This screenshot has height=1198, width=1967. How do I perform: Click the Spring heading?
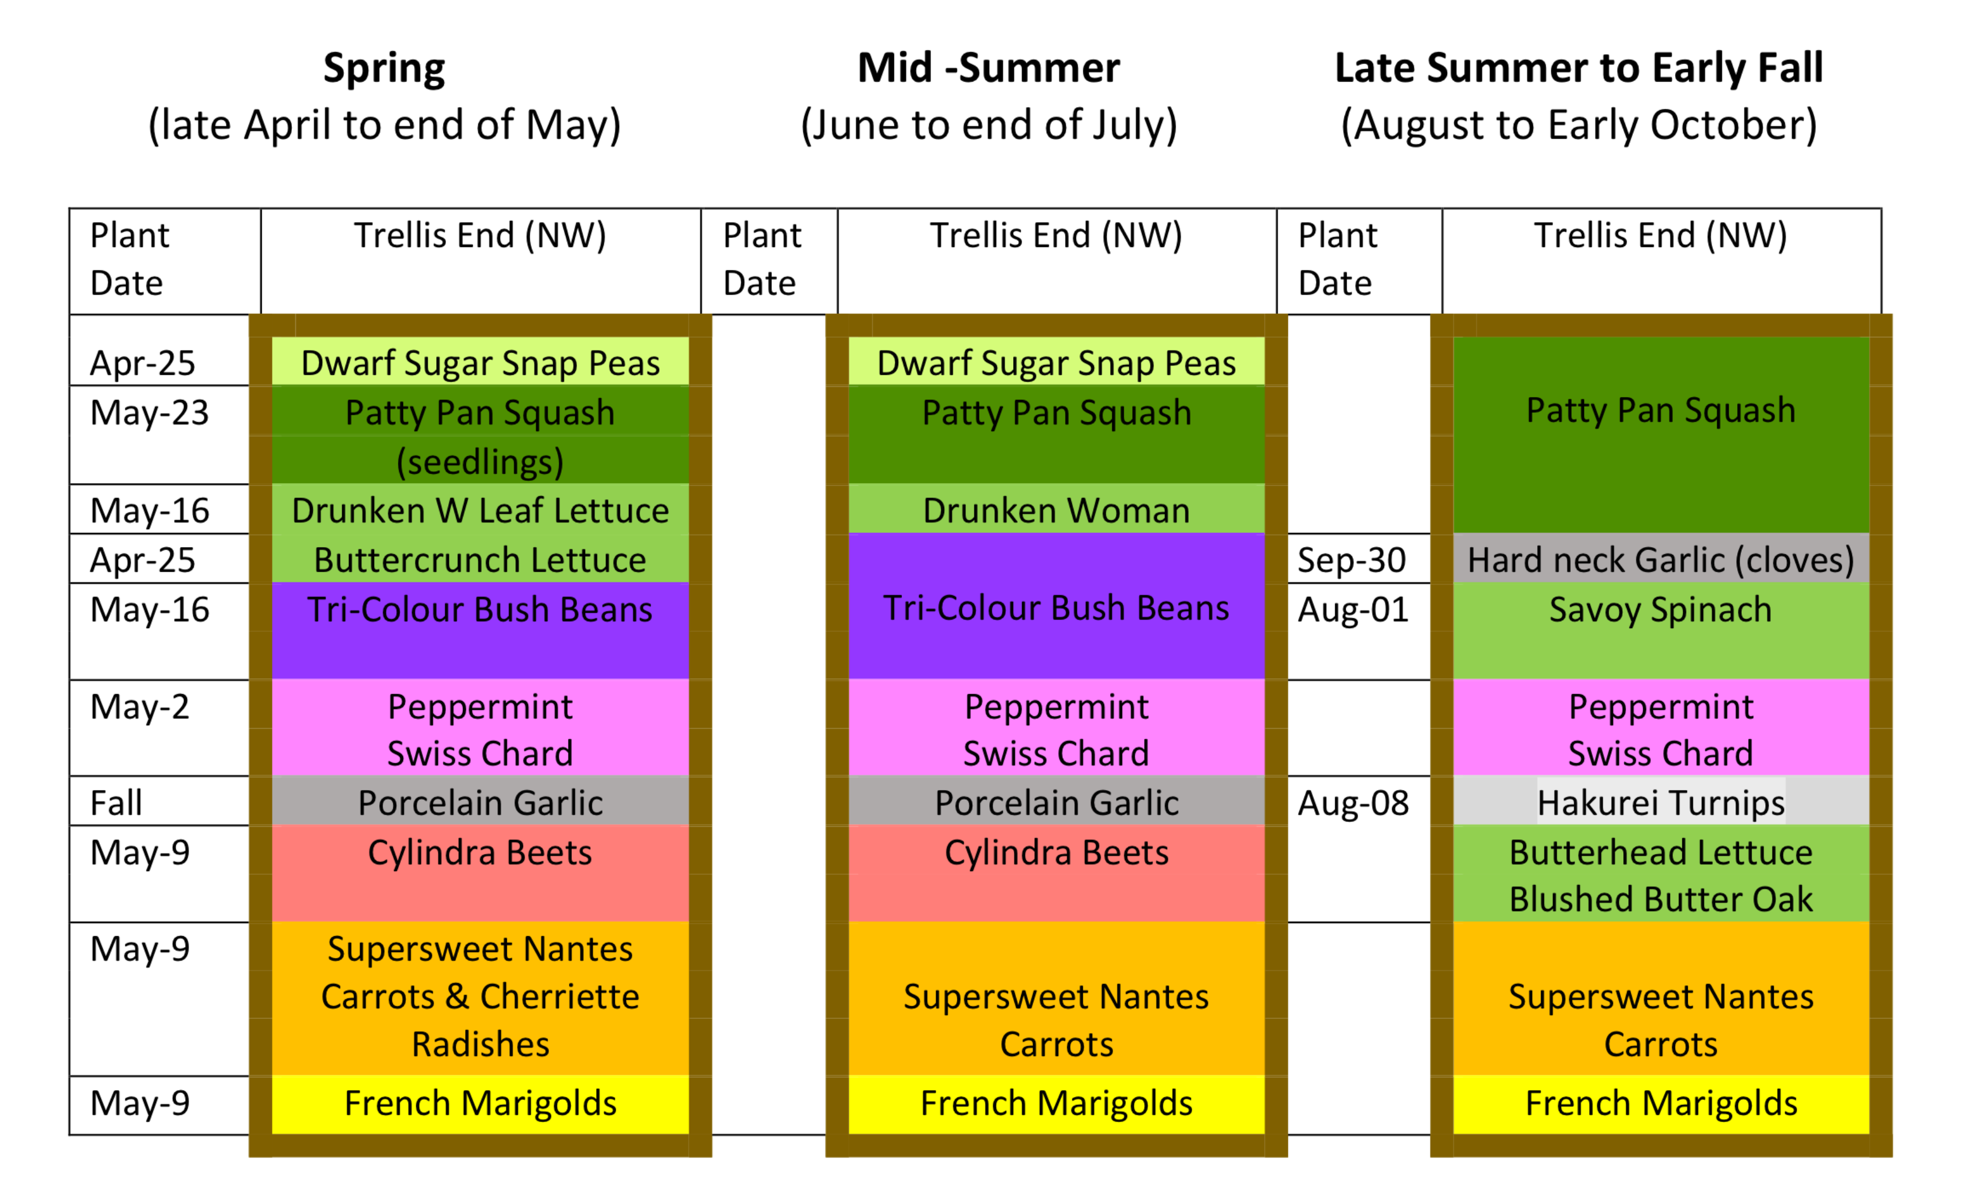point(384,68)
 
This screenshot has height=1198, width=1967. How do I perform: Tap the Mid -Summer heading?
point(988,68)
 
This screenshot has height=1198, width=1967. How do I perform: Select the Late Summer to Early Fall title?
point(1578,68)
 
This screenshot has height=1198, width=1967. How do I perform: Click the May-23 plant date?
point(149,413)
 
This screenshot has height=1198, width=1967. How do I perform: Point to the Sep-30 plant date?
point(1351,560)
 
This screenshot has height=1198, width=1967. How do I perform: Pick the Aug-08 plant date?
point(1353,803)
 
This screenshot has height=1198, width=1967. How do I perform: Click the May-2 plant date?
point(140,707)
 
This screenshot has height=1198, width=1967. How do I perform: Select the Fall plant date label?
point(116,803)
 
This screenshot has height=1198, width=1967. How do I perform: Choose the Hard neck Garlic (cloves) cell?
point(1660,560)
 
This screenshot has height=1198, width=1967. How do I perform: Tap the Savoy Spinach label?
point(1660,611)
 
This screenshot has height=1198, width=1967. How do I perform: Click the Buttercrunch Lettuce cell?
point(479,560)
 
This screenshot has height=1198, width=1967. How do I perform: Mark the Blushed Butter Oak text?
point(1660,899)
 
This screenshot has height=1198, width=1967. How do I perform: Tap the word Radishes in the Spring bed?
point(479,1045)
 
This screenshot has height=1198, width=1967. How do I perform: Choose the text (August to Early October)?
point(1578,126)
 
